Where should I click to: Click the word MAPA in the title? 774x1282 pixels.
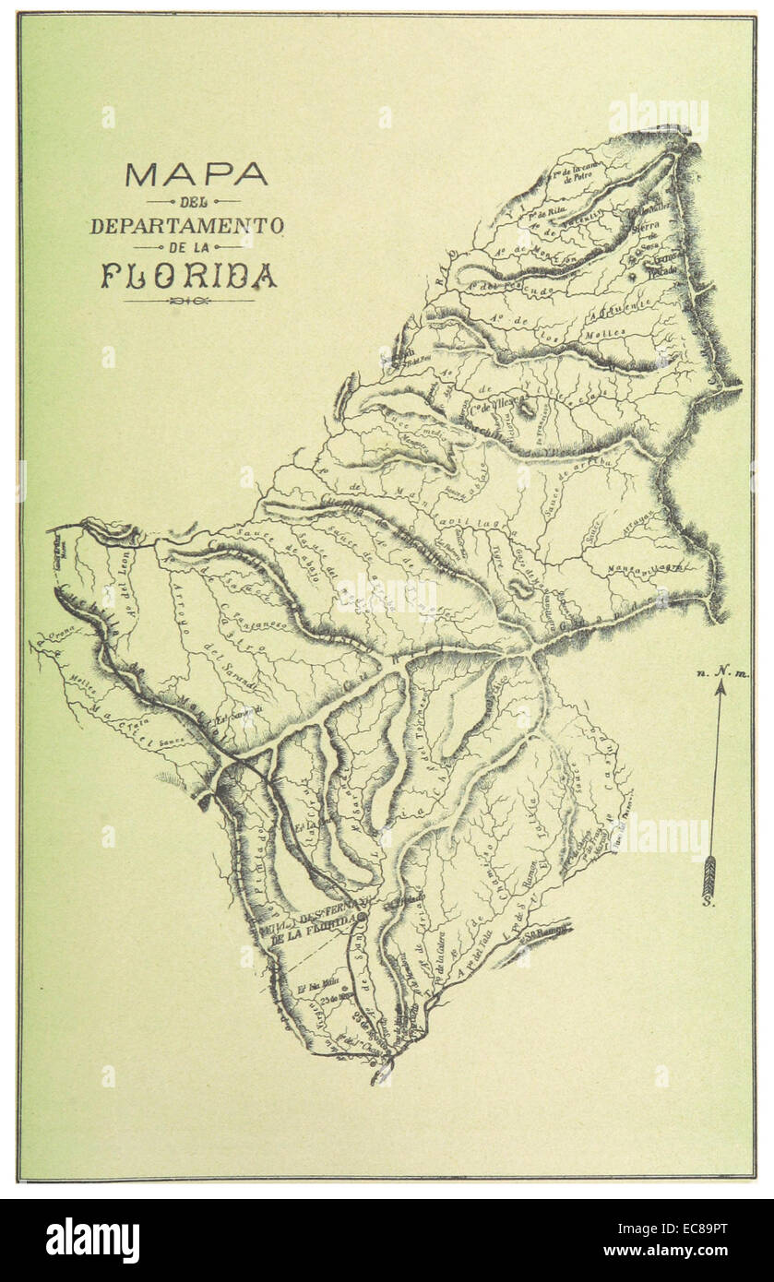[x=196, y=174]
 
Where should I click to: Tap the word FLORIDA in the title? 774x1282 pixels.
[x=189, y=276]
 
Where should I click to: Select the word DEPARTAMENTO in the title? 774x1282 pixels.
[x=187, y=225]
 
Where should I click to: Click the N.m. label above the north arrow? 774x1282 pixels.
[x=724, y=674]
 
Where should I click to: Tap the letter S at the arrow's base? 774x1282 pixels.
[x=709, y=902]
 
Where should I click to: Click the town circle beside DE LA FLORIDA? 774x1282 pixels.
[x=362, y=919]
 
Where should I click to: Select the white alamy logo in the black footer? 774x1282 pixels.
[x=92, y=1240]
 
